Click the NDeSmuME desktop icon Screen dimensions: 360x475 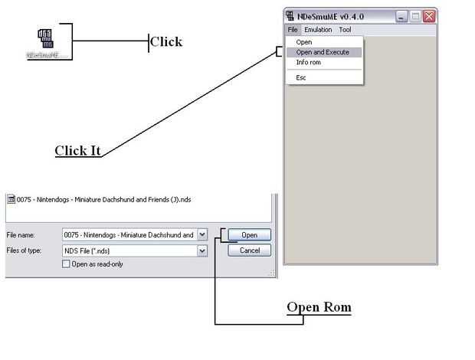(44, 42)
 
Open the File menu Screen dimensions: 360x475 (293, 30)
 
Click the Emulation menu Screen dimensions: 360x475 (318, 30)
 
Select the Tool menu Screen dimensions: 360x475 (345, 30)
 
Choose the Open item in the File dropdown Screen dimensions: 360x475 (304, 42)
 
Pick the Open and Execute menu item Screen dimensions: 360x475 (323, 52)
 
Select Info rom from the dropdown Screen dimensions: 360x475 (308, 63)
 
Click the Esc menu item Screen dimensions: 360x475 (301, 77)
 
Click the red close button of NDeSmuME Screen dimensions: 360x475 (428, 15)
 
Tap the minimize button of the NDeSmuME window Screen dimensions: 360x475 (401, 15)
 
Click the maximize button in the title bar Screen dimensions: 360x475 (414, 15)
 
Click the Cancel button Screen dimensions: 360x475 (250, 250)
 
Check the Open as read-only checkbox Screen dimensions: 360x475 (66, 264)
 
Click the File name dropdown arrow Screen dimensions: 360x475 (202, 235)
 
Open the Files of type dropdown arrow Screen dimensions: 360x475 (202, 250)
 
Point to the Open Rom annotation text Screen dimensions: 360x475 (319, 308)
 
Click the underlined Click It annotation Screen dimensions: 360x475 (78, 151)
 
